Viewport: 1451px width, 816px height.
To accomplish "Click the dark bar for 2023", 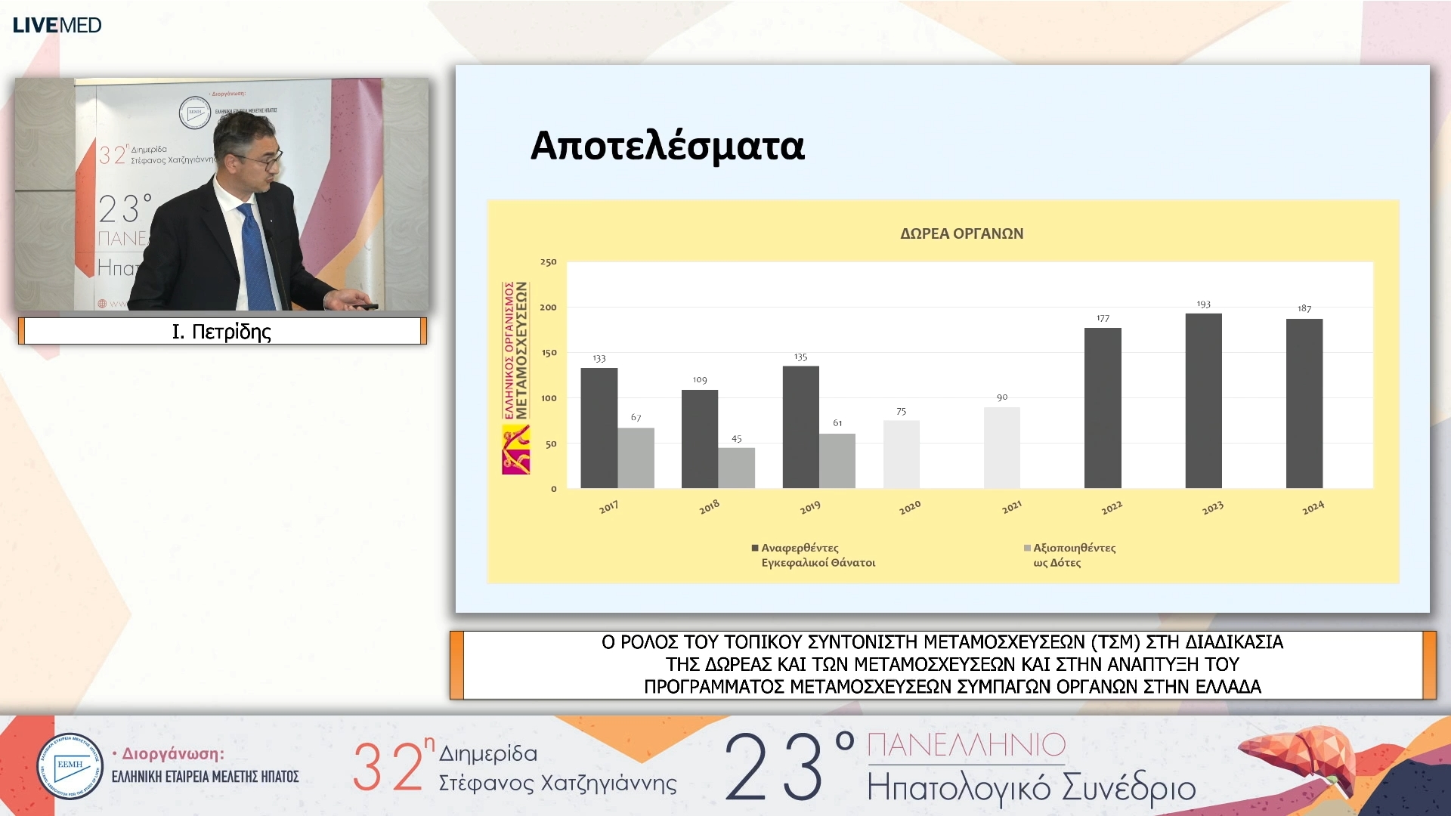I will pos(1203,400).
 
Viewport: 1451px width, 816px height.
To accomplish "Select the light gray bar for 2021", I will pos(1001,447).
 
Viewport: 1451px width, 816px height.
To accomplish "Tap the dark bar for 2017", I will pos(599,428).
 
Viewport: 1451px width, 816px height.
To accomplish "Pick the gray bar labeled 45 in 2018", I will pos(736,468).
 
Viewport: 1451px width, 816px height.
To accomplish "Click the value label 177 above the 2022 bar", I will pos(1103,318).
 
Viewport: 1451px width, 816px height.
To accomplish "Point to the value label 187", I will pos(1304,308).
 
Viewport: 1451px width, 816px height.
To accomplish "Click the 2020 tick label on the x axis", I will pos(910,507).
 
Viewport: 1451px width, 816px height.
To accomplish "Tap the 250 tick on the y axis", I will pos(548,262).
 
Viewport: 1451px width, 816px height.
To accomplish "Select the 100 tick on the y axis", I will pos(548,398).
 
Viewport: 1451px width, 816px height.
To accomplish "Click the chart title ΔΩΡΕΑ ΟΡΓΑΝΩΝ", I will pos(961,233).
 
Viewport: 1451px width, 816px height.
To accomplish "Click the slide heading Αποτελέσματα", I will pos(667,146).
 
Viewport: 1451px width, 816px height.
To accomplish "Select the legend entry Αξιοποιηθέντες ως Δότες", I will pos(1073,555).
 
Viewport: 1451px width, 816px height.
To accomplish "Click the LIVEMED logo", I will pos(57,25).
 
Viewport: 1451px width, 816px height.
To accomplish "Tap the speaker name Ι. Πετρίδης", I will pos(221,332).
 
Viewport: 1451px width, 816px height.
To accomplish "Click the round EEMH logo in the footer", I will pos(70,766).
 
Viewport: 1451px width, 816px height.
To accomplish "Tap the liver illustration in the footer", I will pos(1292,757).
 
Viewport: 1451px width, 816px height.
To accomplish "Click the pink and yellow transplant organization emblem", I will pos(515,450).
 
